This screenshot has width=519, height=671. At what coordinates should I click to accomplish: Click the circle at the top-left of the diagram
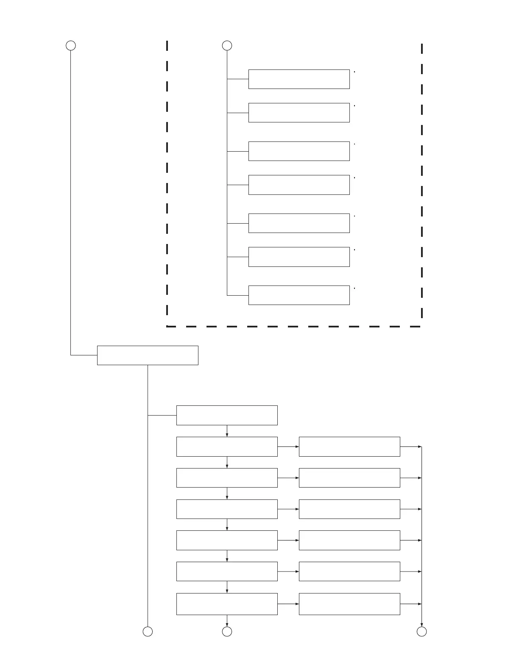pos(71,45)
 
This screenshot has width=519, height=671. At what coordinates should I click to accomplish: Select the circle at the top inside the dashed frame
pos(227,45)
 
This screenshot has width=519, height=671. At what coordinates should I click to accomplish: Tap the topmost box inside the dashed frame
pos(299,79)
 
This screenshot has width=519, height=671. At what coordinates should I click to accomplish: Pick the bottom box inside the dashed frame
pos(299,295)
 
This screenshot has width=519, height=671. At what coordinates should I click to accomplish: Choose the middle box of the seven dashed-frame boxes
pos(299,185)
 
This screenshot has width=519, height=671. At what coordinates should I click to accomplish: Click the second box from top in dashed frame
pos(299,113)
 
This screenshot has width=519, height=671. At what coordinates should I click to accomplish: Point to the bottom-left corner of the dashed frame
pos(167,326)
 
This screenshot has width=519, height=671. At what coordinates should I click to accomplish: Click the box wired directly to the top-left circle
pos(148,355)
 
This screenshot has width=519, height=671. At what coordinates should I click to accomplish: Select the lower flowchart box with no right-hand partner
pos(227,415)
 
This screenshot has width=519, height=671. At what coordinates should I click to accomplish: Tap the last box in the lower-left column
pos(227,604)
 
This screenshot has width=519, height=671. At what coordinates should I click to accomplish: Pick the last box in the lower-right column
pos(349,604)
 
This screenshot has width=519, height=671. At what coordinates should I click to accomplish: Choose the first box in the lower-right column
pos(349,446)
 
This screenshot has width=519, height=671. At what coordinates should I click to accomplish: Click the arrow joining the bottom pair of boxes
pos(288,604)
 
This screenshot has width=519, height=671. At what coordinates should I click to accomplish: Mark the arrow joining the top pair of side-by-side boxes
pos(288,446)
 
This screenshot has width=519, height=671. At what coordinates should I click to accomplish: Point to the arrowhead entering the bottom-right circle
pos(421,624)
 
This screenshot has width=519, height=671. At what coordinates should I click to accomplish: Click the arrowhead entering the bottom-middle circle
pos(227,624)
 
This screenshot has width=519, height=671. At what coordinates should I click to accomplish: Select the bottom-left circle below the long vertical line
pos(148,632)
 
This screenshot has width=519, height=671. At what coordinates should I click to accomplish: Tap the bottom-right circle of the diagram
pos(421,632)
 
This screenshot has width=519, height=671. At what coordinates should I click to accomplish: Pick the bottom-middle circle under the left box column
pos(227,632)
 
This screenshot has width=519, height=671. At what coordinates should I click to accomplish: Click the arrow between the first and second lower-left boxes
pos(227,431)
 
